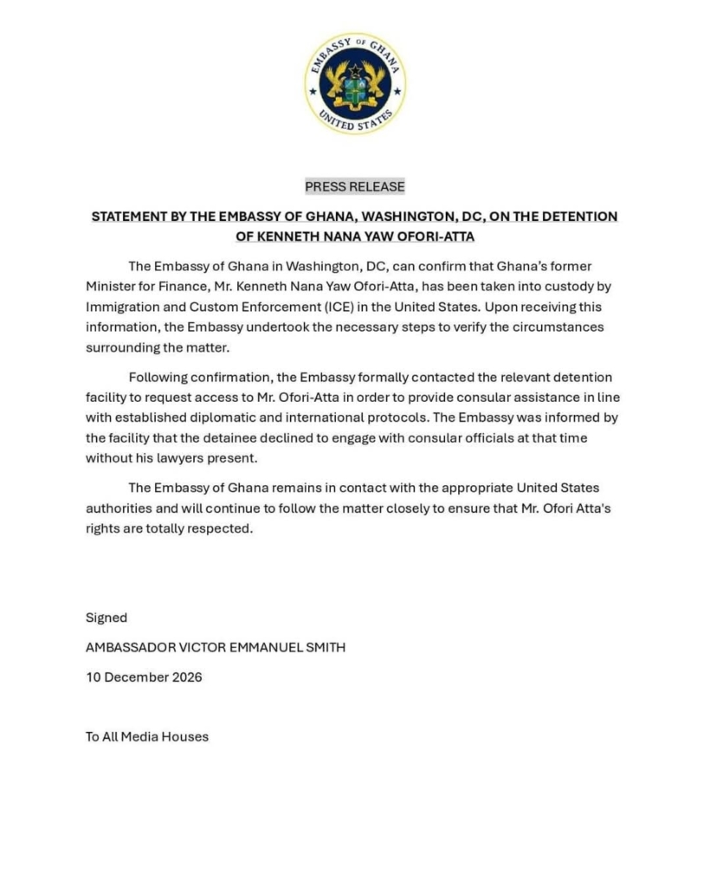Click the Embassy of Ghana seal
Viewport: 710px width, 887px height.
pos(355,84)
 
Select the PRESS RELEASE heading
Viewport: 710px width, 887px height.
pos(355,186)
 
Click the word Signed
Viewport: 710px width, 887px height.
pos(106,618)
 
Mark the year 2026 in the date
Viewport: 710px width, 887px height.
pos(185,677)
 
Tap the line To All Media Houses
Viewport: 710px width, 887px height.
pos(146,737)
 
